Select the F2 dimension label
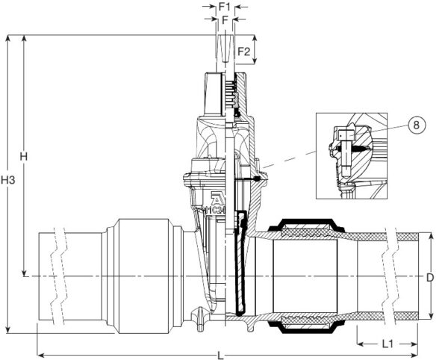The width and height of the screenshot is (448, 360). click(x=243, y=52)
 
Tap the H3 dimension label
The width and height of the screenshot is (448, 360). click(x=8, y=181)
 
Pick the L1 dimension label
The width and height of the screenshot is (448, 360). click(x=387, y=344)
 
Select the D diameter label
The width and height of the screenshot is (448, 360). click(x=430, y=277)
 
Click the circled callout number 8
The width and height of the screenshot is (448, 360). click(x=415, y=126)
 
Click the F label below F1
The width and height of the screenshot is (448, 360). click(x=223, y=19)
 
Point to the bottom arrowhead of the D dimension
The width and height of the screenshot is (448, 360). click(x=430, y=317)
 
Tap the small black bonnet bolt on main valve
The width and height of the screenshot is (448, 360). click(x=258, y=179)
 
